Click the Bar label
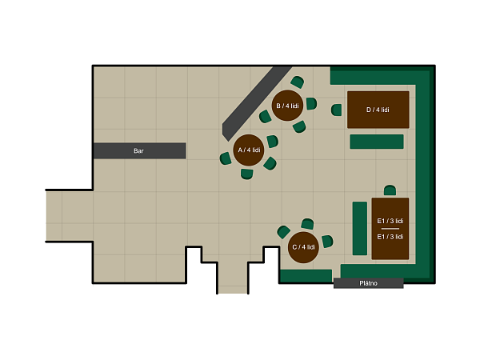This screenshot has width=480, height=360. pyautogui.click(x=138, y=151)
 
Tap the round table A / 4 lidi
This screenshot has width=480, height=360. pyautogui.click(x=249, y=150)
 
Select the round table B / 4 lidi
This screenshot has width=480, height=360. pyautogui.click(x=287, y=106)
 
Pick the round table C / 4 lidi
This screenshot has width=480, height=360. pyautogui.click(x=303, y=247)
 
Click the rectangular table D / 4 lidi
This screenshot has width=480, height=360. pyautogui.click(x=378, y=110)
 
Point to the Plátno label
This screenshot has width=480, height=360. pyautogui.click(x=368, y=283)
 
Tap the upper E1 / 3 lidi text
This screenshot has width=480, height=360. pyautogui.click(x=390, y=221)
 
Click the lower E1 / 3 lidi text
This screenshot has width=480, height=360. pyautogui.click(x=390, y=237)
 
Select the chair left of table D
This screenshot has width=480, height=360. pyautogui.click(x=337, y=110)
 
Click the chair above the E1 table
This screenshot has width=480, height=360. pyautogui.click(x=390, y=190)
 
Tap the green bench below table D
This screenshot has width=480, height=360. pyautogui.click(x=377, y=142)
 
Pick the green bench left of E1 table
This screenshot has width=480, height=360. pyautogui.click(x=360, y=228)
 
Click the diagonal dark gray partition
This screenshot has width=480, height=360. pyautogui.click(x=257, y=102)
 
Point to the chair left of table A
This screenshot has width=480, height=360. pyautogui.click(x=226, y=158)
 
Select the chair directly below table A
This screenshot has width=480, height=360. pyautogui.click(x=246, y=174)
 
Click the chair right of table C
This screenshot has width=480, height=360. pyautogui.click(x=327, y=242)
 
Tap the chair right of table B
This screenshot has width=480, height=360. pyautogui.click(x=311, y=103)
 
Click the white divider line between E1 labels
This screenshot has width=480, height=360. pyautogui.click(x=390, y=229)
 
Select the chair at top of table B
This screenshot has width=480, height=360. pyautogui.click(x=298, y=82)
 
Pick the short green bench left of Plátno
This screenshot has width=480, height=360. pyautogui.click(x=306, y=276)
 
